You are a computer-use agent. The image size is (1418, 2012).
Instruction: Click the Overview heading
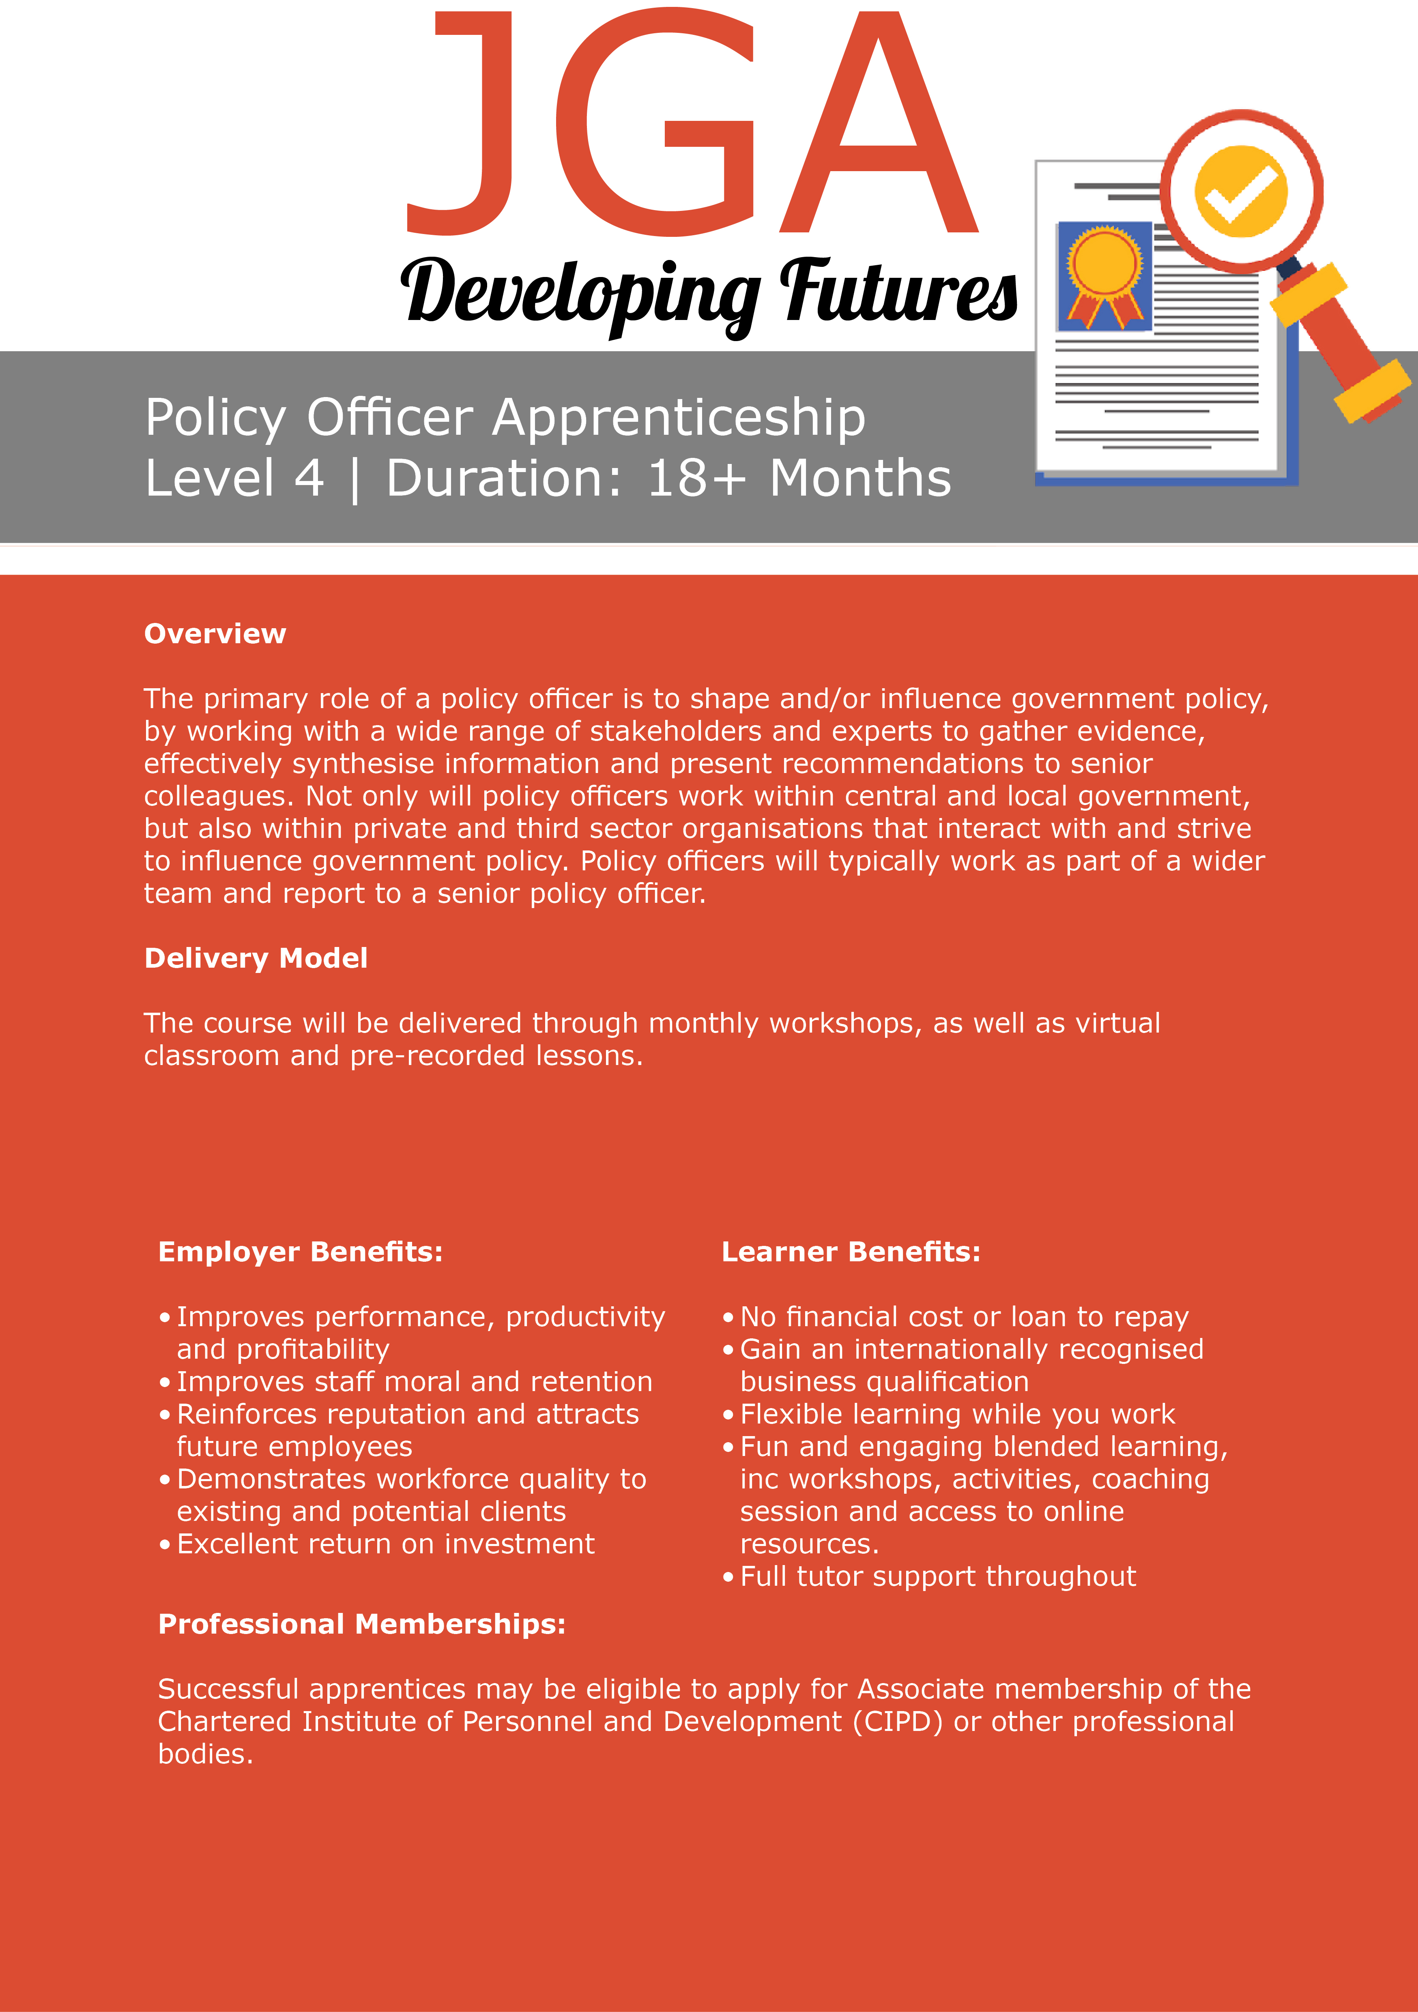click(215, 633)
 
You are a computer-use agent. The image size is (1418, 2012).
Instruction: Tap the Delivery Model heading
click(256, 958)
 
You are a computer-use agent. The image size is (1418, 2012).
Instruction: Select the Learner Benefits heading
click(850, 1252)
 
